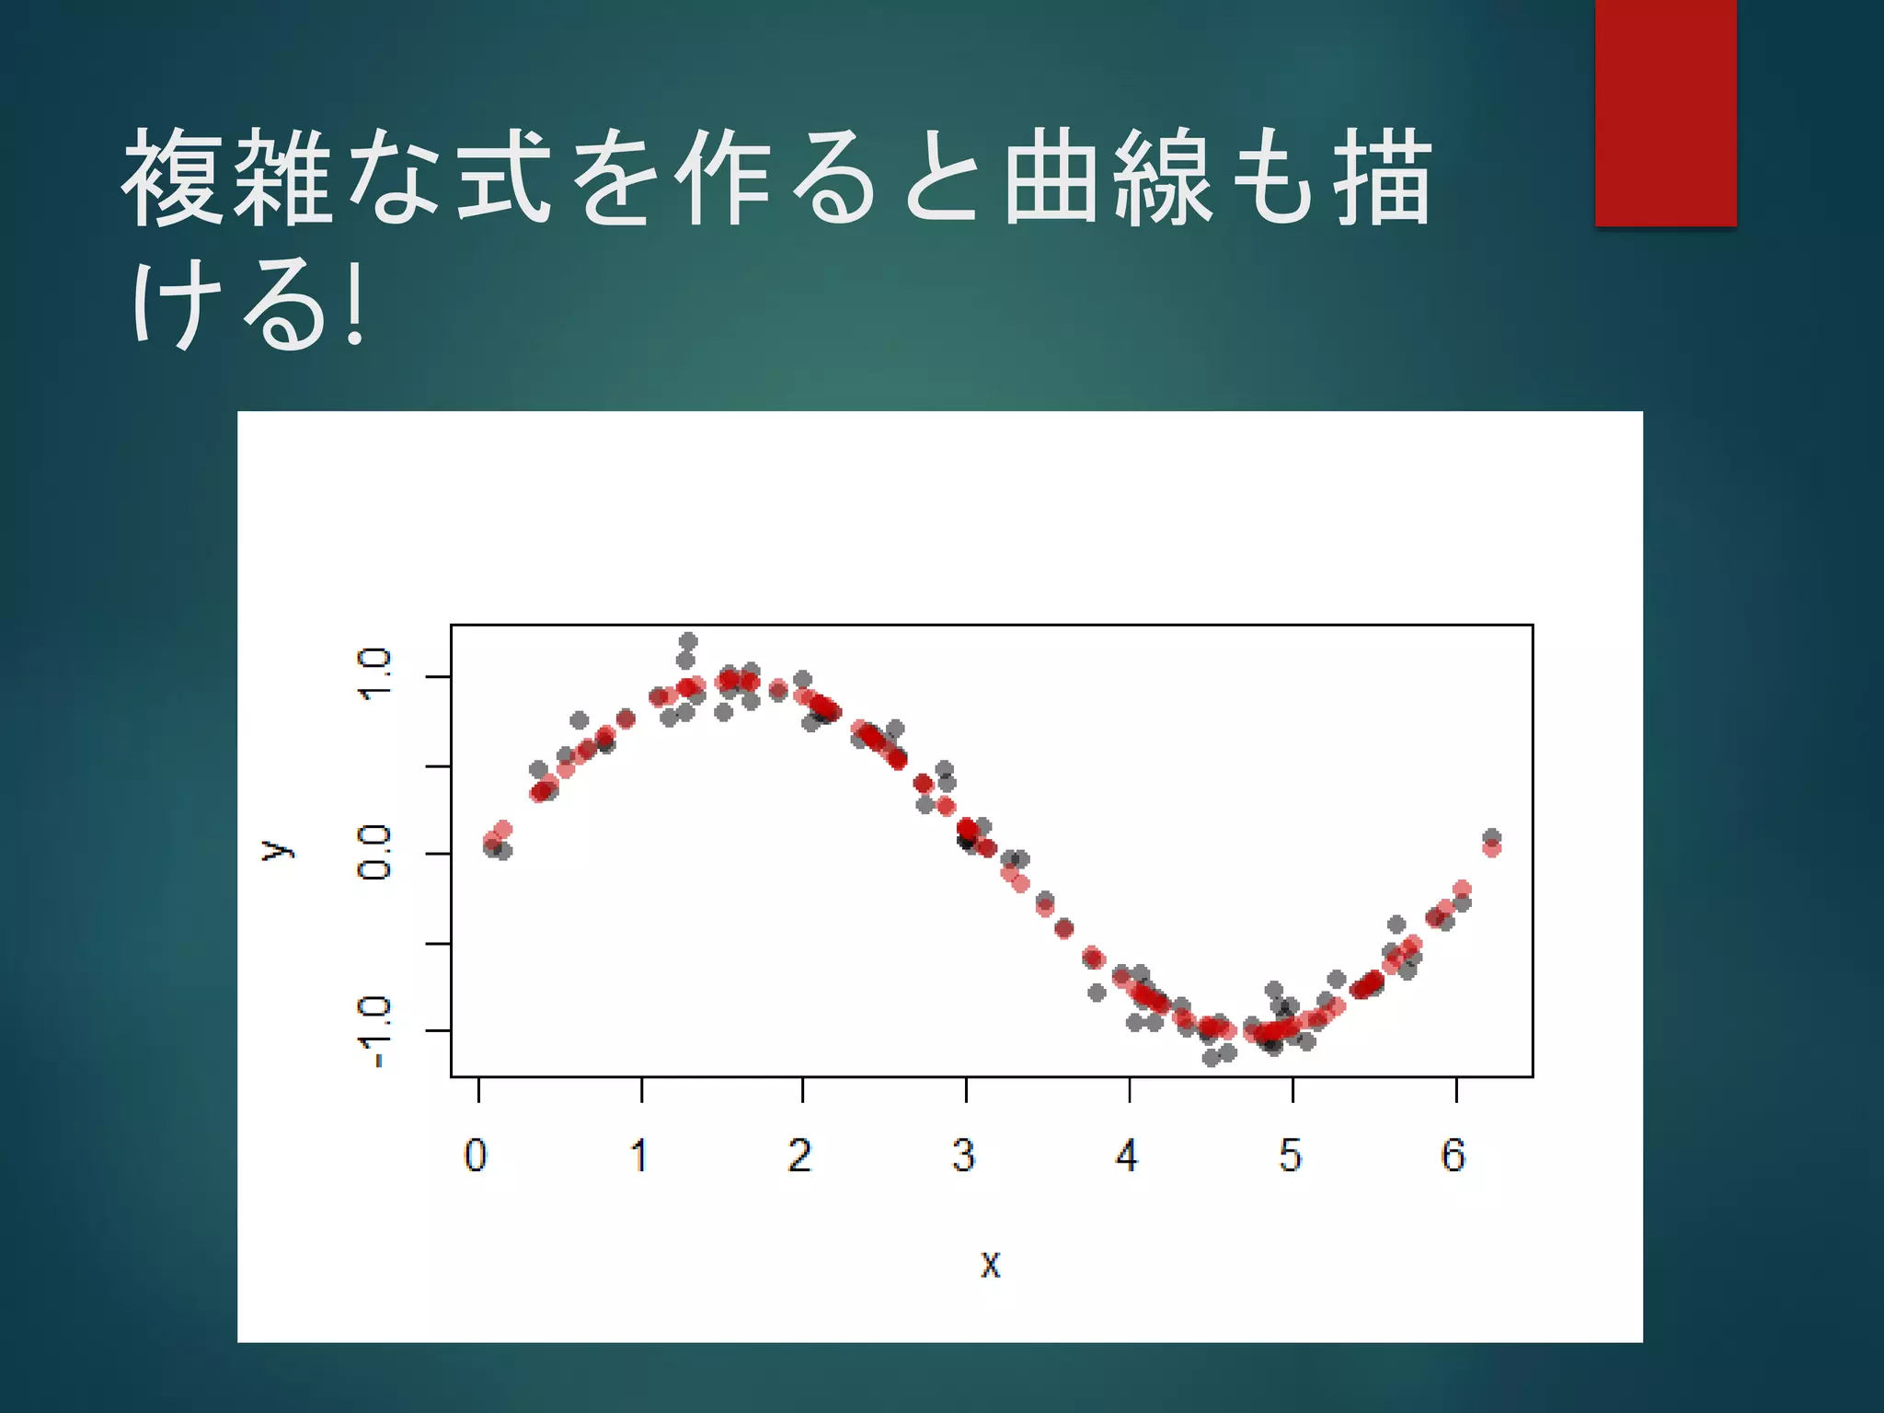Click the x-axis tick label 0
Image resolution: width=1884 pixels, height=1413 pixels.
476,1155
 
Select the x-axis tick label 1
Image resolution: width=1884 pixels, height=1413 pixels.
639,1155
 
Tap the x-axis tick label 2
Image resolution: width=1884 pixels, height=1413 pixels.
800,1155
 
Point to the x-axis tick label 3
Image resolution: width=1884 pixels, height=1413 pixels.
963,1155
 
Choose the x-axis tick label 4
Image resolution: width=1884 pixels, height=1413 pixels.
1127,1155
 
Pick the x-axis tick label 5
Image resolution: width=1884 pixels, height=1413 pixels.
1291,1155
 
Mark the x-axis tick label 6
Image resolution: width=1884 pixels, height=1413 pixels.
1453,1155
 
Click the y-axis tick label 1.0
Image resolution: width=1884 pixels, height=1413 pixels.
375,674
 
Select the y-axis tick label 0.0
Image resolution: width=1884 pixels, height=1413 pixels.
375,853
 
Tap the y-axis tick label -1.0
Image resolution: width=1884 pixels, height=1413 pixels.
375,1032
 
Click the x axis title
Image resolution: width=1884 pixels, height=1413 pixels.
990,1265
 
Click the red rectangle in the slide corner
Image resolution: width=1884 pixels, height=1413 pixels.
1665,112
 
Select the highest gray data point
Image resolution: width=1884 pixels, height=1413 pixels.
688,641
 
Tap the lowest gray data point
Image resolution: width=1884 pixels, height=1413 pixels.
1211,1058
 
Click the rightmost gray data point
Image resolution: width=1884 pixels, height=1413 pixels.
1492,837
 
